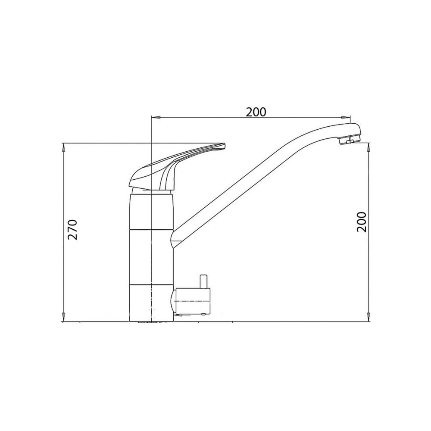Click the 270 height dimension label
click(72, 230)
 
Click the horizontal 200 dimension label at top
click(256, 112)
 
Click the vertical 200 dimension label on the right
click(362, 222)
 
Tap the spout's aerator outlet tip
click(350, 141)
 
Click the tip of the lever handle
click(224, 145)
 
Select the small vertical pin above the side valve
click(204, 282)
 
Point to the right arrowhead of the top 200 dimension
click(346, 117)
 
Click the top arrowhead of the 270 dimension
click(64, 147)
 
